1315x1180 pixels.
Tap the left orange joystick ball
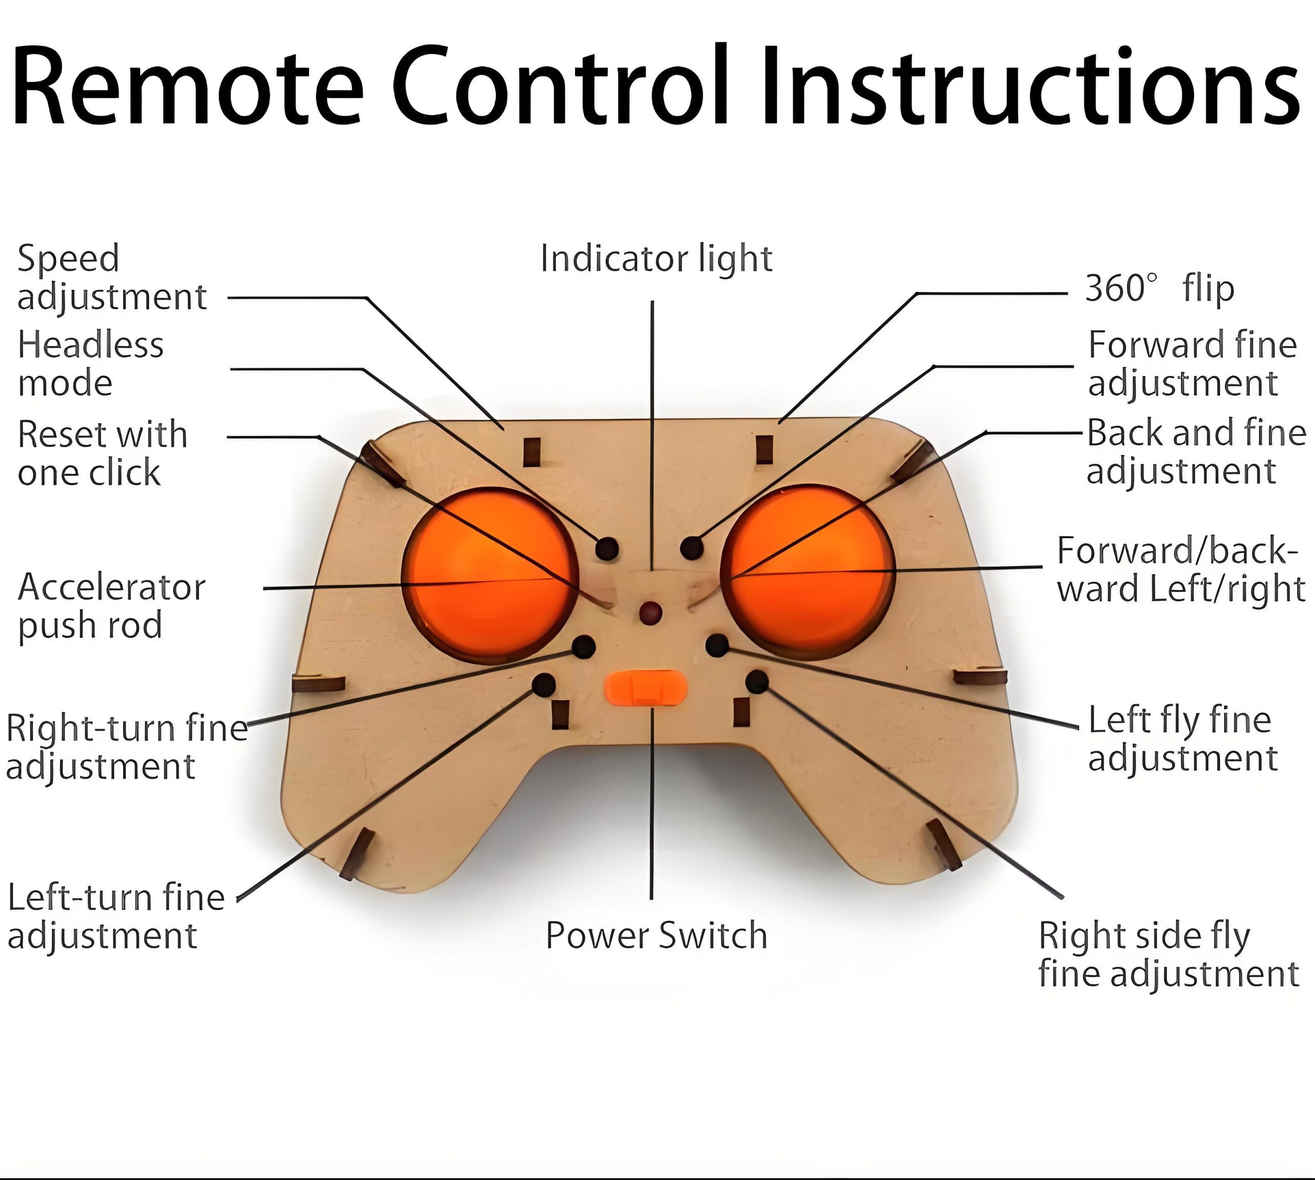click(x=490, y=576)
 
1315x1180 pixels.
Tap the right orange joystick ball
click(x=807, y=573)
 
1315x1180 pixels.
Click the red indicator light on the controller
click(x=650, y=612)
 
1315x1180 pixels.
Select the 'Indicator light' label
click(x=656, y=259)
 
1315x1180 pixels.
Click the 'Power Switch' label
click(x=656, y=936)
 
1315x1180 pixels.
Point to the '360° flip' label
click(x=1159, y=289)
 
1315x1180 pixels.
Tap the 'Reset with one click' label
click(x=102, y=452)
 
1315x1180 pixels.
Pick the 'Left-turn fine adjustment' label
click(x=116, y=917)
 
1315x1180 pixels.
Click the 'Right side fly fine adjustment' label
click(x=1169, y=955)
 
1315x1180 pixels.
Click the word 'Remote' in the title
click(x=187, y=86)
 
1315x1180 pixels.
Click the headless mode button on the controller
click(x=607, y=548)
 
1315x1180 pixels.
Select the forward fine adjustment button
click(x=692, y=548)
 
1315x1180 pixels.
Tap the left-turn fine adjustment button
click(x=543, y=684)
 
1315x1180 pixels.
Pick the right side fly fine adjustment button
click(x=757, y=681)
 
